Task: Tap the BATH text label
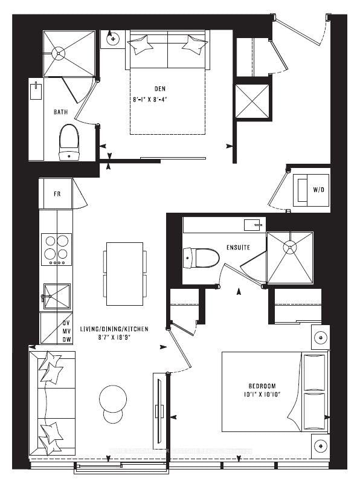point(61,112)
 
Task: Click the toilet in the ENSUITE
point(197,258)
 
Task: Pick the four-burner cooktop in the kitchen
point(56,248)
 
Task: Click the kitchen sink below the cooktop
point(56,296)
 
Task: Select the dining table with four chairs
point(124,274)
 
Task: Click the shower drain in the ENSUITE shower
point(290,247)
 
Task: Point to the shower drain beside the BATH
point(58,53)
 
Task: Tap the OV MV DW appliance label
point(66,331)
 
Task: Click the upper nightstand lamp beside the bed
point(320,337)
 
